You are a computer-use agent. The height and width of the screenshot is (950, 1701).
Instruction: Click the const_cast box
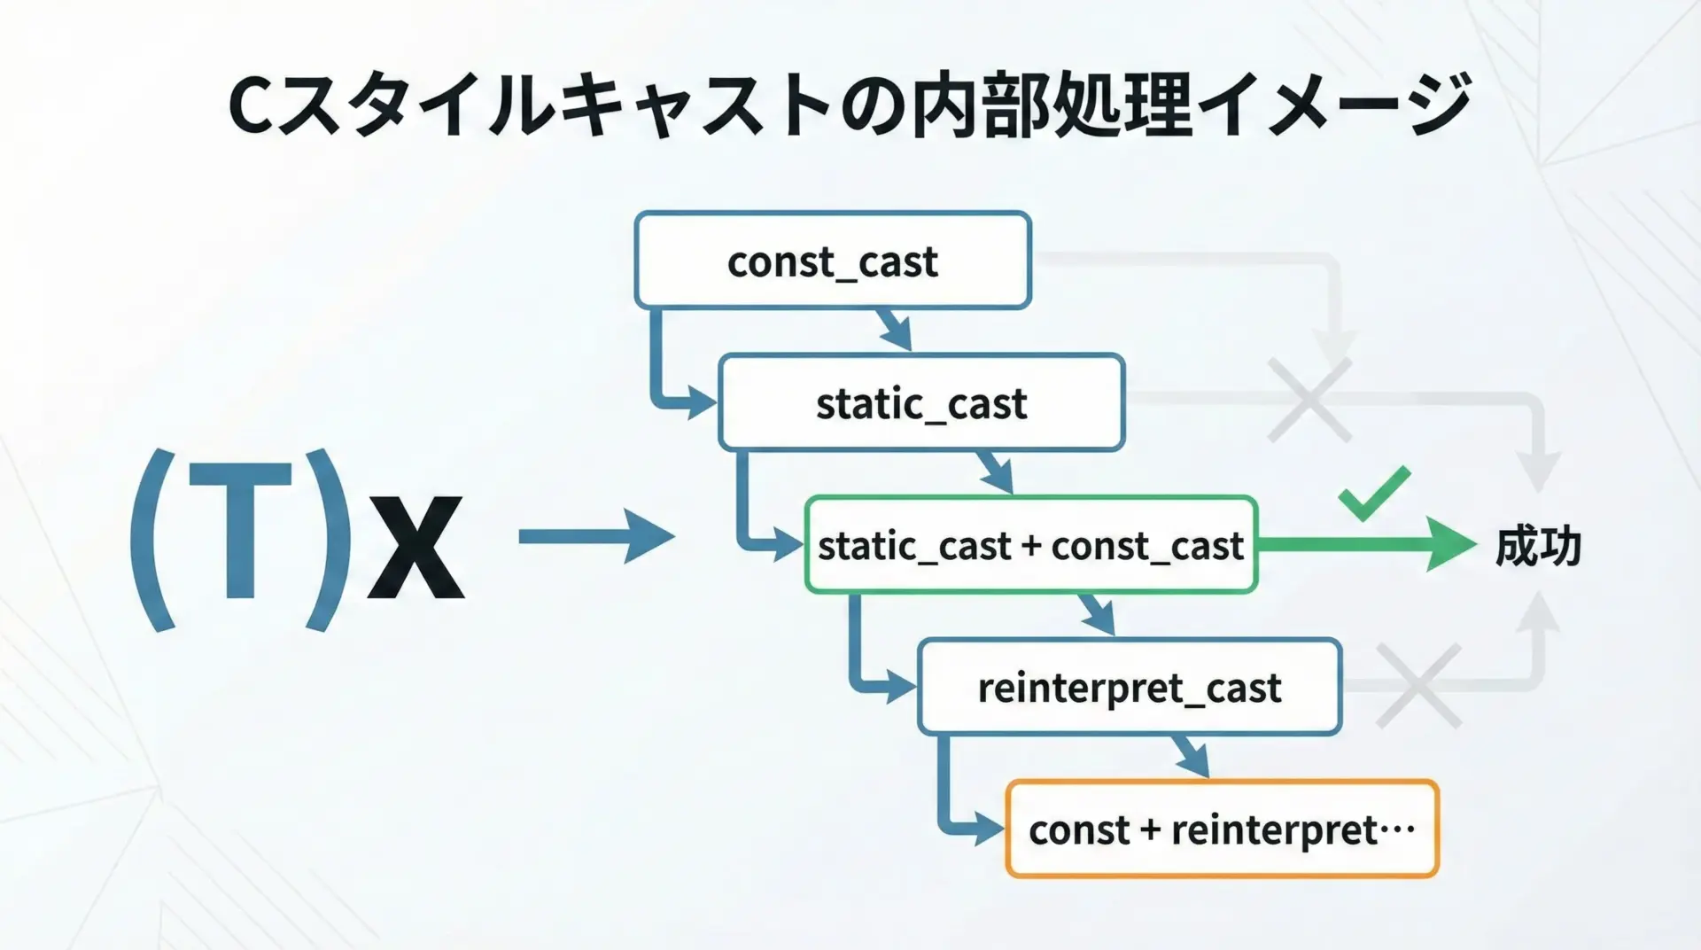[832, 261]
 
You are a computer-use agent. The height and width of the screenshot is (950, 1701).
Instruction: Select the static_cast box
[920, 403]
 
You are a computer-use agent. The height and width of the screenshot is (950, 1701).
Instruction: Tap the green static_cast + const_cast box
[1030, 545]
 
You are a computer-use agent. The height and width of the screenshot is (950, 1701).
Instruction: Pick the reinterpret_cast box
[1129, 687]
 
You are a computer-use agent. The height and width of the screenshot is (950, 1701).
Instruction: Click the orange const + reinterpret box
[1222, 829]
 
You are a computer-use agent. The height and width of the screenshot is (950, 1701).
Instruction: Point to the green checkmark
[1374, 493]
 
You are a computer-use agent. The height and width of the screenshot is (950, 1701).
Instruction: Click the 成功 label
[1538, 546]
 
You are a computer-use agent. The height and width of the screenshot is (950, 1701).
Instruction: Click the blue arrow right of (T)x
[595, 536]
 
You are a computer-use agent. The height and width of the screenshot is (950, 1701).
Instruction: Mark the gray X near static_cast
[1309, 400]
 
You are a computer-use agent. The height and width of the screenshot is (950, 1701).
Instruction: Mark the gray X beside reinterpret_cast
[1417, 686]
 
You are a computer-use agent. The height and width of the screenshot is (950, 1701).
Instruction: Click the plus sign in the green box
[1030, 546]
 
